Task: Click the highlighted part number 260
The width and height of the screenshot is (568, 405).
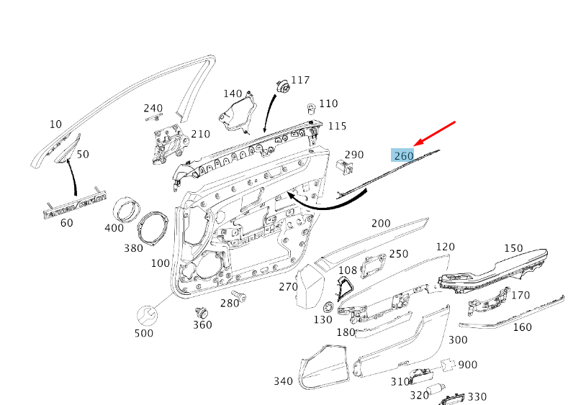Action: [x=402, y=155]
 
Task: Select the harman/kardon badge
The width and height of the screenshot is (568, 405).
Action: [x=75, y=204]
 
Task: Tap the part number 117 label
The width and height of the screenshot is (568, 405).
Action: [x=299, y=80]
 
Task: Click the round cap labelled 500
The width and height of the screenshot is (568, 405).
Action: [x=148, y=315]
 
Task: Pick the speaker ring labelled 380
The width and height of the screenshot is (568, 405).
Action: [x=153, y=229]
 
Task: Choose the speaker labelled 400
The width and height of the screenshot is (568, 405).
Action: [x=129, y=210]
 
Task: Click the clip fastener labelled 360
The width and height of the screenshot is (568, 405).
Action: [x=202, y=312]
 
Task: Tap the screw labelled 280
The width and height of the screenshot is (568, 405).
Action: [x=238, y=295]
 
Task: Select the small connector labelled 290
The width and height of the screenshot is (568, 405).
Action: [x=346, y=166]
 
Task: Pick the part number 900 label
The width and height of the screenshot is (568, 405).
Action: [x=467, y=365]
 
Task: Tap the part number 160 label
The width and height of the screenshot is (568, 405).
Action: [x=522, y=327]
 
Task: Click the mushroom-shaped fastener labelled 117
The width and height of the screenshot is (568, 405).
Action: [x=282, y=87]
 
